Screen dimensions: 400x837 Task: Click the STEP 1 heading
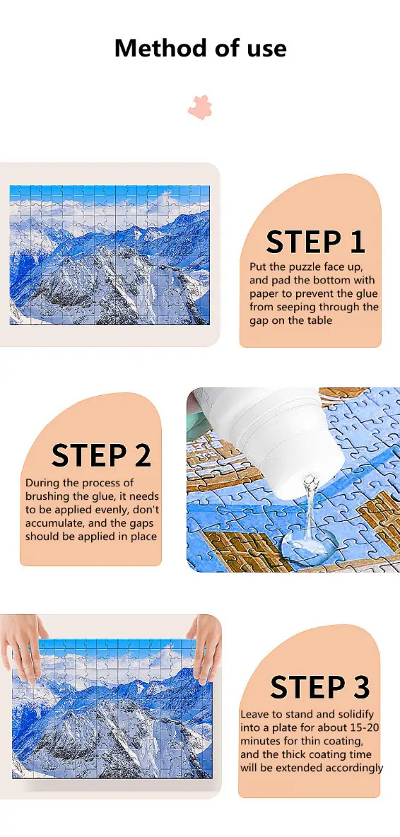click(x=315, y=242)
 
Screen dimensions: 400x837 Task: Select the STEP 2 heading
click(x=101, y=455)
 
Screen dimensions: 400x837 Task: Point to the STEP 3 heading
click(x=319, y=687)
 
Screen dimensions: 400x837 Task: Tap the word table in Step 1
click(x=319, y=320)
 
